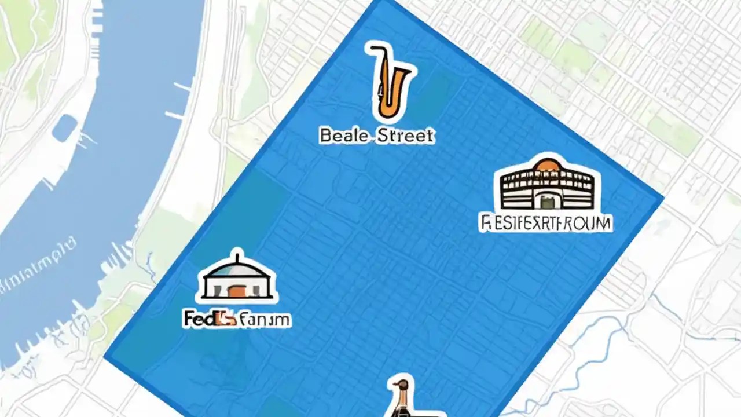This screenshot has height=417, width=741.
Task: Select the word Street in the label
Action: point(405,136)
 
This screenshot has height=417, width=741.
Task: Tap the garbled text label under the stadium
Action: point(546,222)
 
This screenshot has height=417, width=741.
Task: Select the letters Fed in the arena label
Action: point(197,319)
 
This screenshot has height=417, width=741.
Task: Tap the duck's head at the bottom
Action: point(399,385)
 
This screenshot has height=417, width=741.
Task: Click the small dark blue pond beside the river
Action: point(64,127)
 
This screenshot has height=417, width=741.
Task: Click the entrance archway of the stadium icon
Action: point(547,200)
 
